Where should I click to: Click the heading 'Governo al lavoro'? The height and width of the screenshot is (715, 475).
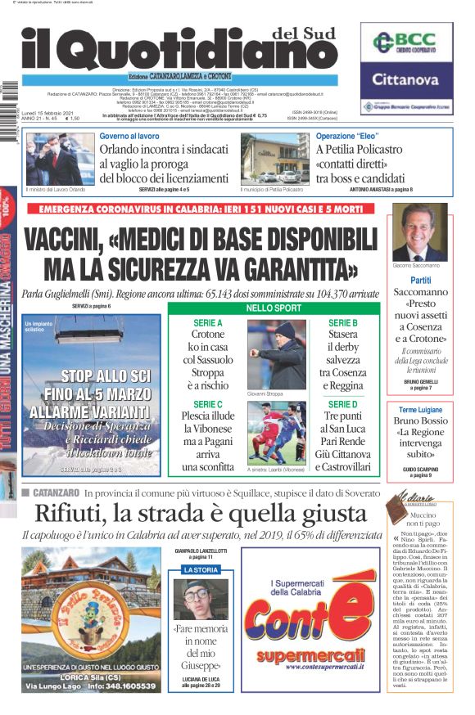tap(130, 136)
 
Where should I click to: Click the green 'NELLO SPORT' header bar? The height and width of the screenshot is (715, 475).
tap(275, 308)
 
